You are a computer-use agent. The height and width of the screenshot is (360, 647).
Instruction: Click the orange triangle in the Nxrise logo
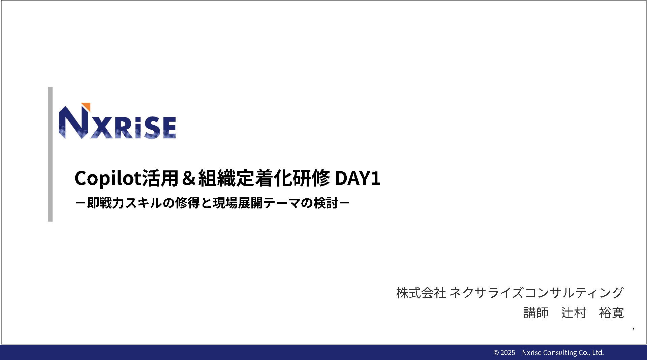(x=87, y=106)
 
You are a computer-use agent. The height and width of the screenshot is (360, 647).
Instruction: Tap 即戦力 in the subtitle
(x=105, y=203)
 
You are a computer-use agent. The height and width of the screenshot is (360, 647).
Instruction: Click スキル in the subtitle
(x=143, y=203)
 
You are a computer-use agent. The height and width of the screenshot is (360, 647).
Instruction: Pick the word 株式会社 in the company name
(x=421, y=293)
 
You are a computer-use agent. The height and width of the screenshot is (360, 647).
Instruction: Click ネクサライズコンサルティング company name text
(x=537, y=293)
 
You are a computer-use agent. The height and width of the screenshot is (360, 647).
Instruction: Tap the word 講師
(x=536, y=313)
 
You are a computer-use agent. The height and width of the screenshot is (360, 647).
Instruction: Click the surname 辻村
(x=574, y=313)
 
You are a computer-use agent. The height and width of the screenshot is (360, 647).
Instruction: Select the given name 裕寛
(x=612, y=313)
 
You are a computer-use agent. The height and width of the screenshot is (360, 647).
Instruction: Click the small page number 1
(x=634, y=329)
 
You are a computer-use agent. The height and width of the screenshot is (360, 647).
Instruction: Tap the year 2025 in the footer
(x=508, y=353)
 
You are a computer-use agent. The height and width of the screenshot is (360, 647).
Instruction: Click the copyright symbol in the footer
(x=496, y=353)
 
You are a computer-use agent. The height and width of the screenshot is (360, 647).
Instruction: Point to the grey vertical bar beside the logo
(x=50, y=154)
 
